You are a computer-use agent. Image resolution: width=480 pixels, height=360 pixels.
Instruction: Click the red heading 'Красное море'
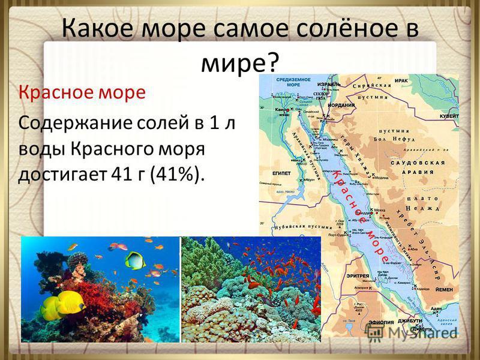point(82,94)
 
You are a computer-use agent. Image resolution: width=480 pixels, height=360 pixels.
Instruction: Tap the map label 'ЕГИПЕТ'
point(281,173)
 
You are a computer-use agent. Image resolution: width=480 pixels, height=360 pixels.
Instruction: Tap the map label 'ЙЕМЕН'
point(445,288)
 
